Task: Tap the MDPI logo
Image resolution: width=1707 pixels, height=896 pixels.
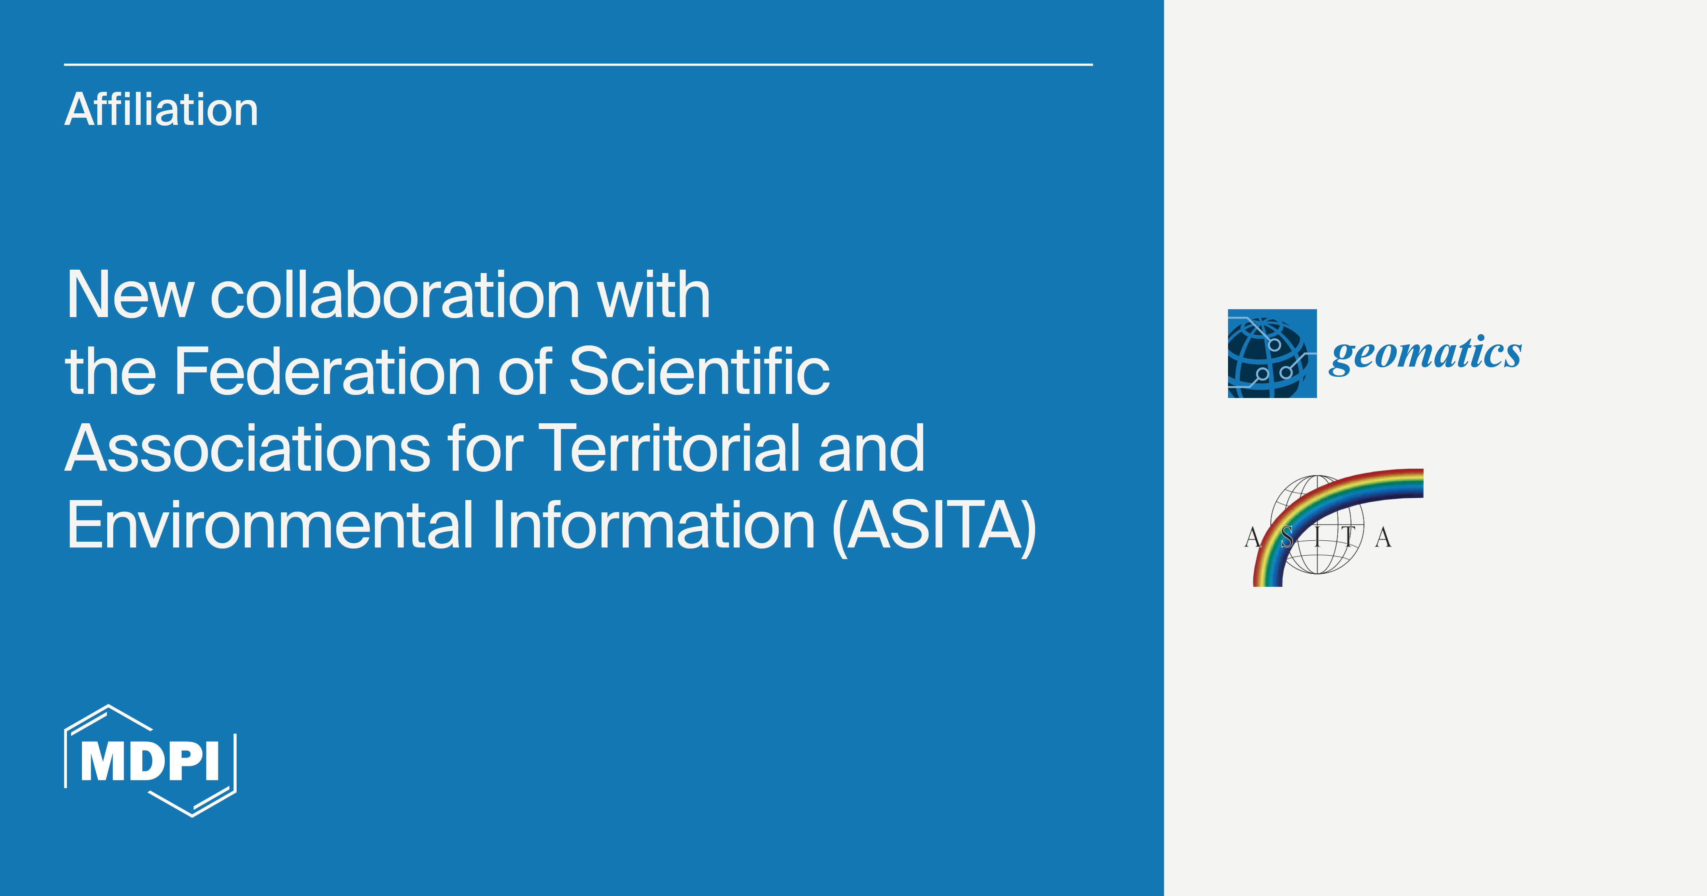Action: pyautogui.click(x=151, y=761)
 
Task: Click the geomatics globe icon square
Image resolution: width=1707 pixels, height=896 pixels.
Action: pyautogui.click(x=1272, y=353)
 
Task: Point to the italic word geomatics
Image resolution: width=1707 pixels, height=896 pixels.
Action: pyautogui.click(x=1425, y=353)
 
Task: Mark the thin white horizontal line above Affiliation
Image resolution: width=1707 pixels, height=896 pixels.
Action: pyautogui.click(x=578, y=64)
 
